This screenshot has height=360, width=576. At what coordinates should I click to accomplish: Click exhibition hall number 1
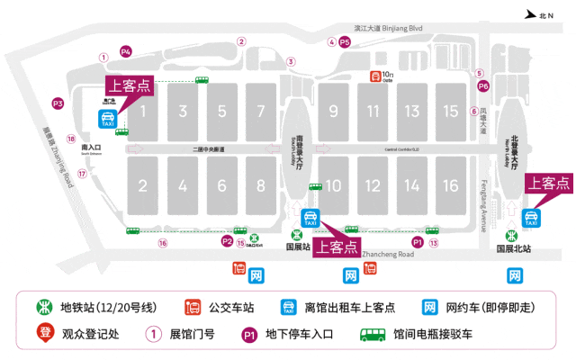142,110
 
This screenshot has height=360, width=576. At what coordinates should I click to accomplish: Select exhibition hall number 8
261,186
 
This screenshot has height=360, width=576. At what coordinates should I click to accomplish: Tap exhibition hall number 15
451,111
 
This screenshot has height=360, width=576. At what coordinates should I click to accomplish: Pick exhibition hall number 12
373,186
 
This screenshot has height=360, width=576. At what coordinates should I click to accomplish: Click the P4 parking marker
126,51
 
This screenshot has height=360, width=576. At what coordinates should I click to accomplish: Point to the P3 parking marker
58,104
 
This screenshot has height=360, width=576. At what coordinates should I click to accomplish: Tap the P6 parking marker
482,86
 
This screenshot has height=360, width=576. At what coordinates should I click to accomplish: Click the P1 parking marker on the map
417,242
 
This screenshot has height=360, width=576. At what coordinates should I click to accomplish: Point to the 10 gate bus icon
374,76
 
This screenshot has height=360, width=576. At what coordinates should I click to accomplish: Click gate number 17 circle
82,174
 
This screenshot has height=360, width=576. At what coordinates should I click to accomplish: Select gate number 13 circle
434,242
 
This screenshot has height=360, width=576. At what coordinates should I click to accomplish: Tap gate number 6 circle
473,112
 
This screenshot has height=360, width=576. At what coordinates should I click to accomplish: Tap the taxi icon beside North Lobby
531,217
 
